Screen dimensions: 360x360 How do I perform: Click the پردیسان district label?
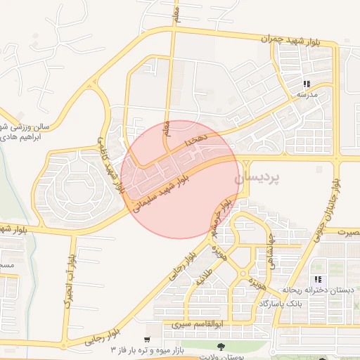tap(260, 179)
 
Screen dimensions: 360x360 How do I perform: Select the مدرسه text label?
tap(303, 94)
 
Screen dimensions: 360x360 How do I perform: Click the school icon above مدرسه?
tap(307, 84)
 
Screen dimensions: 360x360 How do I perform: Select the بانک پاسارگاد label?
tap(281, 303)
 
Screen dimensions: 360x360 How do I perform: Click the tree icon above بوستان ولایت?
tap(221, 346)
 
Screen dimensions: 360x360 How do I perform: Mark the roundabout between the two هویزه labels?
tap(243, 272)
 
